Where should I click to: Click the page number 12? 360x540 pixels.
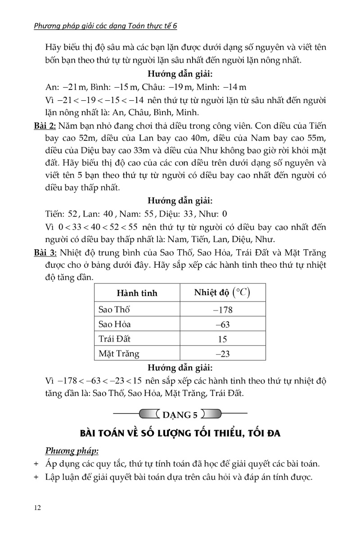pos(38,508)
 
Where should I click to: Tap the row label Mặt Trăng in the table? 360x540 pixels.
pos(119,354)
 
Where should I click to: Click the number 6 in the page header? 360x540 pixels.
pos(175,26)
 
